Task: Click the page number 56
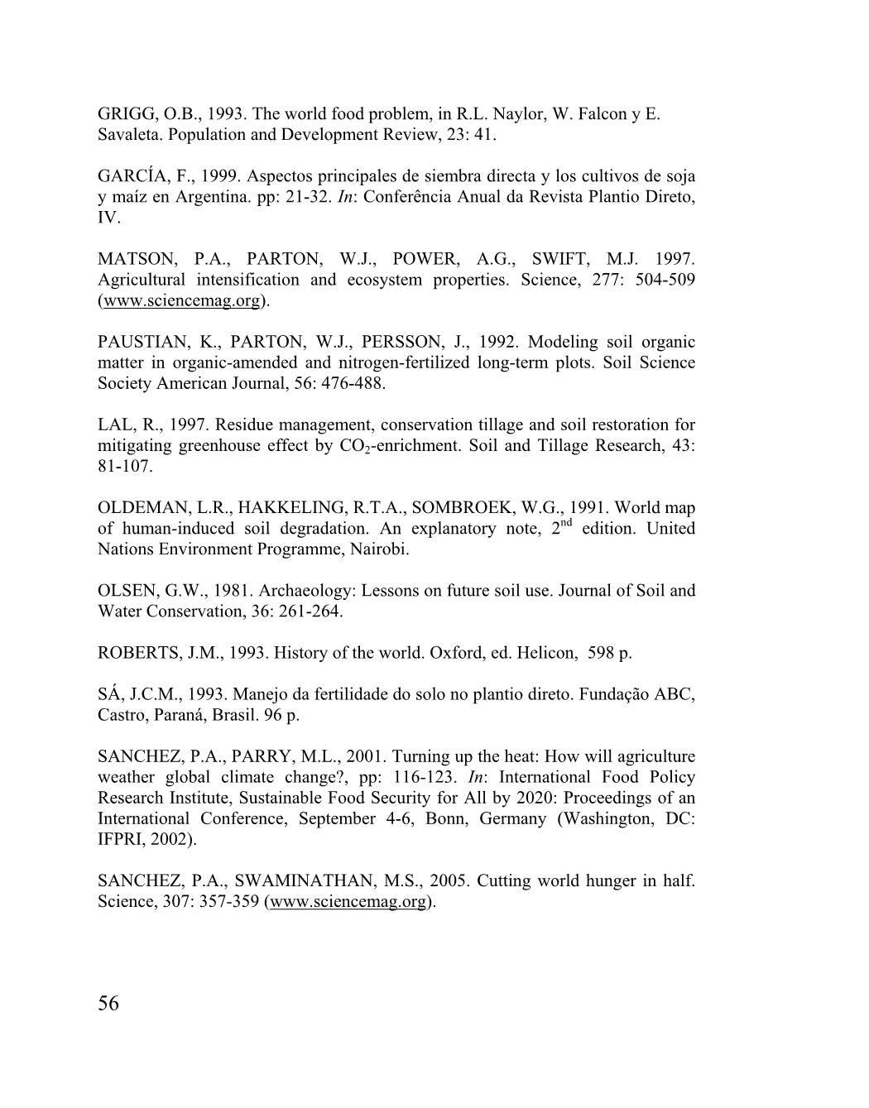108,1004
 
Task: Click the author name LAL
114,424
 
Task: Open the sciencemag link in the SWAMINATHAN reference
348,902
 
